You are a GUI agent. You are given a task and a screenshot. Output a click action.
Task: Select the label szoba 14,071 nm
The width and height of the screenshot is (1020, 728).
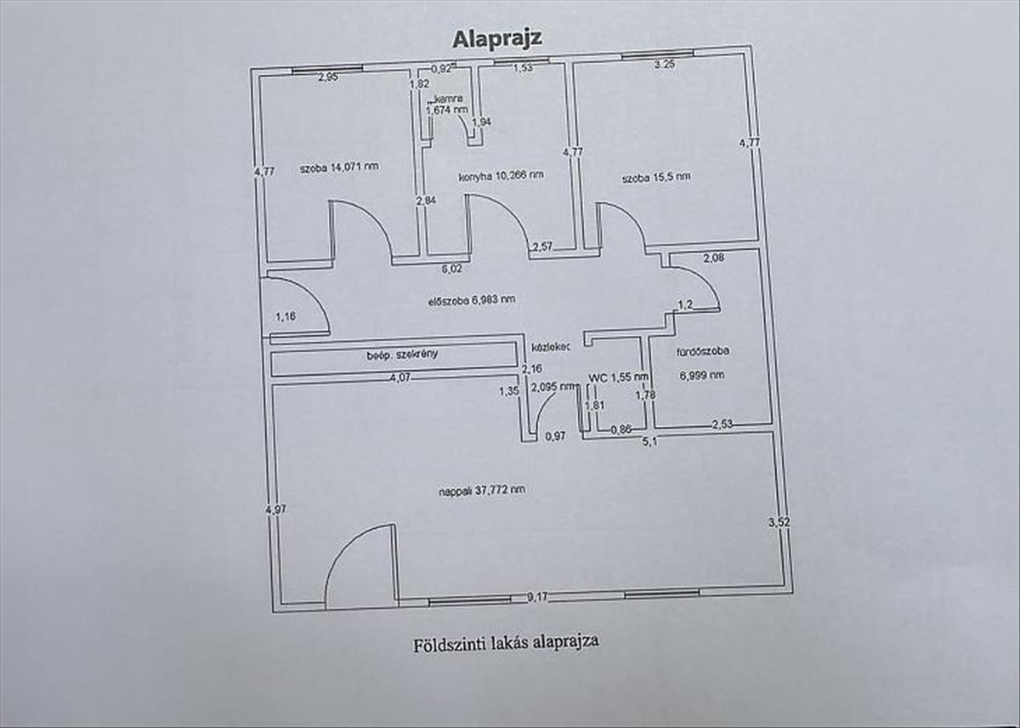tap(339, 166)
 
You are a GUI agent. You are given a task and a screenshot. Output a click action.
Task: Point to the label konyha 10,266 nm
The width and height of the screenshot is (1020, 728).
tap(501, 175)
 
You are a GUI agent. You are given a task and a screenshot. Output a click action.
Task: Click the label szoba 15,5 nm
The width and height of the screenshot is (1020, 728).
tap(655, 178)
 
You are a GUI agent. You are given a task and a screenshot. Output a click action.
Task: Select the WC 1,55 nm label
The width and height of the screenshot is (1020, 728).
tap(619, 376)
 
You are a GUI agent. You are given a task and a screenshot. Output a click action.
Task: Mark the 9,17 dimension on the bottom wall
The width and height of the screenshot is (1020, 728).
tap(536, 597)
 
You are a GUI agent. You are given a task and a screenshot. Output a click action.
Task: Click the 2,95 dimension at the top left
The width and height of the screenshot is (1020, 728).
tap(328, 78)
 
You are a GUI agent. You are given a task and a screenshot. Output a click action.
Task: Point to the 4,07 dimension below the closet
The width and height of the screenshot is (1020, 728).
tap(399, 378)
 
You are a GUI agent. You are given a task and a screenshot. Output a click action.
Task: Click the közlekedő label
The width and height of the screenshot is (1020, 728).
tap(550, 348)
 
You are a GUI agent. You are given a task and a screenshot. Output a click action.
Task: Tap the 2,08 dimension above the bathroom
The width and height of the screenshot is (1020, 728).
tap(713, 257)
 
